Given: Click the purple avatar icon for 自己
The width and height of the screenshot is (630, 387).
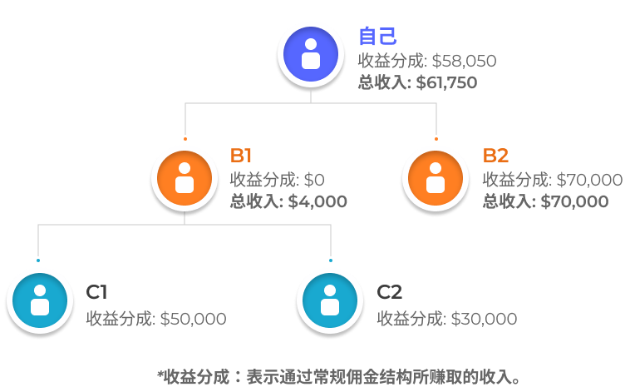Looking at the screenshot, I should click(x=310, y=54).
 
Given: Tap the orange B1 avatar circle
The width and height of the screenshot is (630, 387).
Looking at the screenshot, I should click(x=185, y=178).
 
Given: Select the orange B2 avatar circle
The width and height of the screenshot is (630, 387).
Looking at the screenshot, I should click(x=435, y=178).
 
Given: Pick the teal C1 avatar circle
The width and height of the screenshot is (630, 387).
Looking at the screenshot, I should click(x=39, y=300).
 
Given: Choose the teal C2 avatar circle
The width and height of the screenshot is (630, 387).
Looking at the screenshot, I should click(x=330, y=300).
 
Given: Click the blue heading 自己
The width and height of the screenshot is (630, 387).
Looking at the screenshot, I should click(x=377, y=37).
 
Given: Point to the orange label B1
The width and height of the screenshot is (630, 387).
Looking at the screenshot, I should click(x=241, y=156).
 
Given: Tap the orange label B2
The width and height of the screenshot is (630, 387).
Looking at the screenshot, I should click(x=495, y=156).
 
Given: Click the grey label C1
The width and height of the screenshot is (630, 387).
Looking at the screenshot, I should click(x=96, y=292).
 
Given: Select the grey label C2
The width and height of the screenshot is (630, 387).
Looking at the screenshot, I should click(x=390, y=292).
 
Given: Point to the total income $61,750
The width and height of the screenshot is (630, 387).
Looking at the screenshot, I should click(x=446, y=82).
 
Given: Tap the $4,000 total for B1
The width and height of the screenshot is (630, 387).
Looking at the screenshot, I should click(x=317, y=201).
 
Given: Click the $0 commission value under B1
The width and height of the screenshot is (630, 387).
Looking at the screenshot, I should click(x=314, y=180).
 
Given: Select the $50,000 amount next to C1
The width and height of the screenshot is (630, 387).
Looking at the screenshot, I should click(x=193, y=319).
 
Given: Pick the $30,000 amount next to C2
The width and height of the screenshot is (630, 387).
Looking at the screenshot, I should click(x=484, y=319).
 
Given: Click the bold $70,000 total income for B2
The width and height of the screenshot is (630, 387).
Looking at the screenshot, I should click(x=574, y=201).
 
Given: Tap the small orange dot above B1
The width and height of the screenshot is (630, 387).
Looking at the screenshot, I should click(x=185, y=139).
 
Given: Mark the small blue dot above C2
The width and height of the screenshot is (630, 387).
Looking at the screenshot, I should click(x=330, y=260).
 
